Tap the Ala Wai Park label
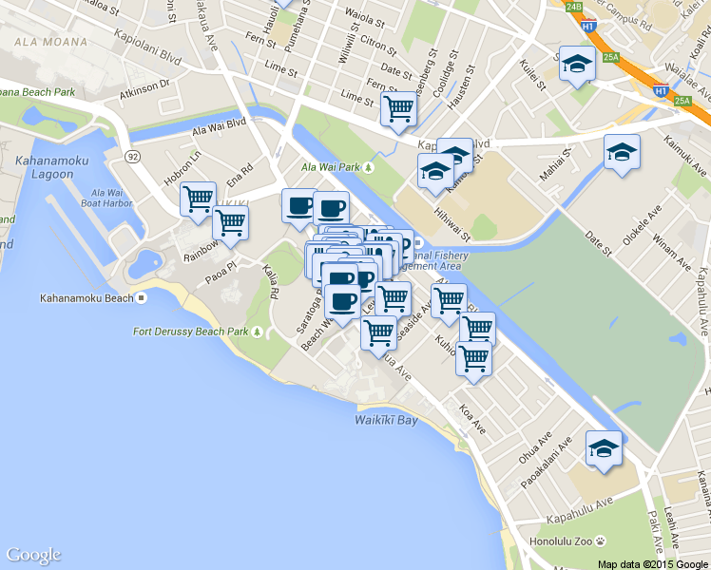coord(333,167)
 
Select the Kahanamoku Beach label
coord(86,298)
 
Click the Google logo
coord(33,555)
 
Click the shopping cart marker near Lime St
coord(398,109)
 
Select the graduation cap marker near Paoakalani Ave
coord(603,449)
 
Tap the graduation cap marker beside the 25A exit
coord(577,65)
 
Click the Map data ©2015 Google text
coord(653,563)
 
